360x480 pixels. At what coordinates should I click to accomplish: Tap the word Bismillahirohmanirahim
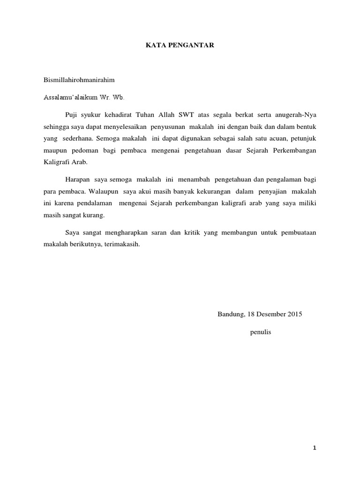(x=79, y=80)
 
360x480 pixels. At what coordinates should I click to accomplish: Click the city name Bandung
(x=230, y=315)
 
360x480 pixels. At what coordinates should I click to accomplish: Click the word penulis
(x=261, y=332)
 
